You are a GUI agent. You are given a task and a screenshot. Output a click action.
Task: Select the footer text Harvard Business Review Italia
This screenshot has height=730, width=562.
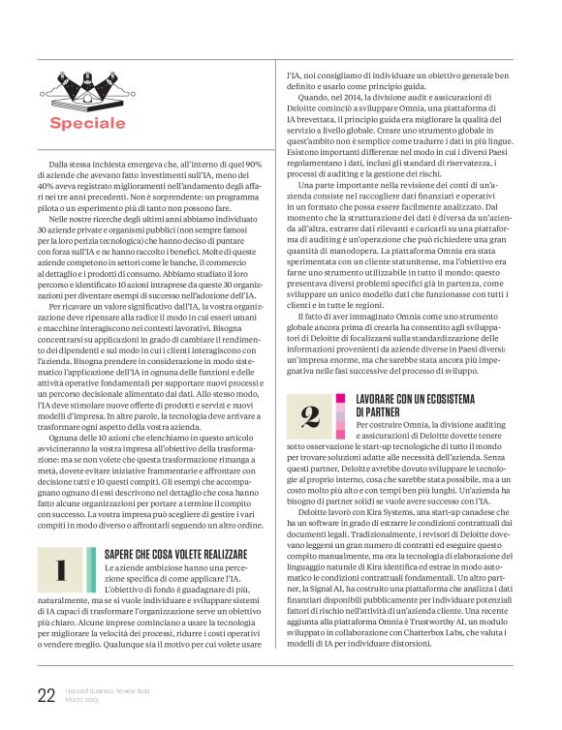tap(106, 690)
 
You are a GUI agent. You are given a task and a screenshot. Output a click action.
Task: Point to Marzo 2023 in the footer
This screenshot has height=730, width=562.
tap(83, 700)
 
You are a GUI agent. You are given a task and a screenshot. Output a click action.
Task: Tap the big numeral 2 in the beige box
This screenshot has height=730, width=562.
tap(310, 415)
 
